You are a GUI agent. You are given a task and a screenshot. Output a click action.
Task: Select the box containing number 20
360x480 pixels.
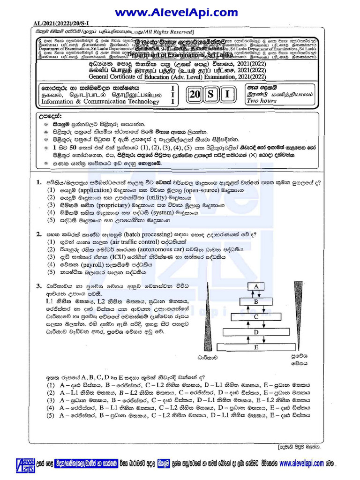[195, 95]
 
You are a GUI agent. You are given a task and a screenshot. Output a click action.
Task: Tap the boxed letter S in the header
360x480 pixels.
[211, 95]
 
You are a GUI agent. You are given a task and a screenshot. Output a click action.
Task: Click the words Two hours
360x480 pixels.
[262, 101]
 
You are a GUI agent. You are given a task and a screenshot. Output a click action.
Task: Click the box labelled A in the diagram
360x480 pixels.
[256, 286]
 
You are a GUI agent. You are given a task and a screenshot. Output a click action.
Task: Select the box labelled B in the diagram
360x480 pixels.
[256, 302]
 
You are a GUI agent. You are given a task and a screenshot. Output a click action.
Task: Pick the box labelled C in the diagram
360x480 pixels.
[256, 317]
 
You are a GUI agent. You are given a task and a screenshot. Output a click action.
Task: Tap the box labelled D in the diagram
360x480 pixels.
[256, 332]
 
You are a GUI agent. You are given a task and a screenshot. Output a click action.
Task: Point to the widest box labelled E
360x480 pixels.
[256, 347]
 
